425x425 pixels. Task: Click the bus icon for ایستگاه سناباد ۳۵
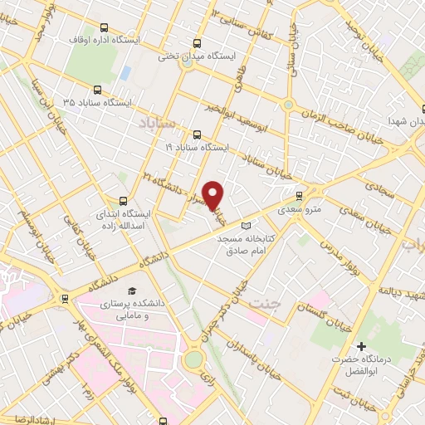point(98,90)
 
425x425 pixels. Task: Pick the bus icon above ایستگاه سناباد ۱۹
point(197,134)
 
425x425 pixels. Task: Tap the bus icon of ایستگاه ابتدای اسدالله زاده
point(124,200)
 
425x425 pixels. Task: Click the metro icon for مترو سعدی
point(299,196)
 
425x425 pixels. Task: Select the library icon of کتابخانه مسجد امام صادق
point(244,225)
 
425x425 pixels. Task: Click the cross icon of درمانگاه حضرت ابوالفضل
point(360,345)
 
